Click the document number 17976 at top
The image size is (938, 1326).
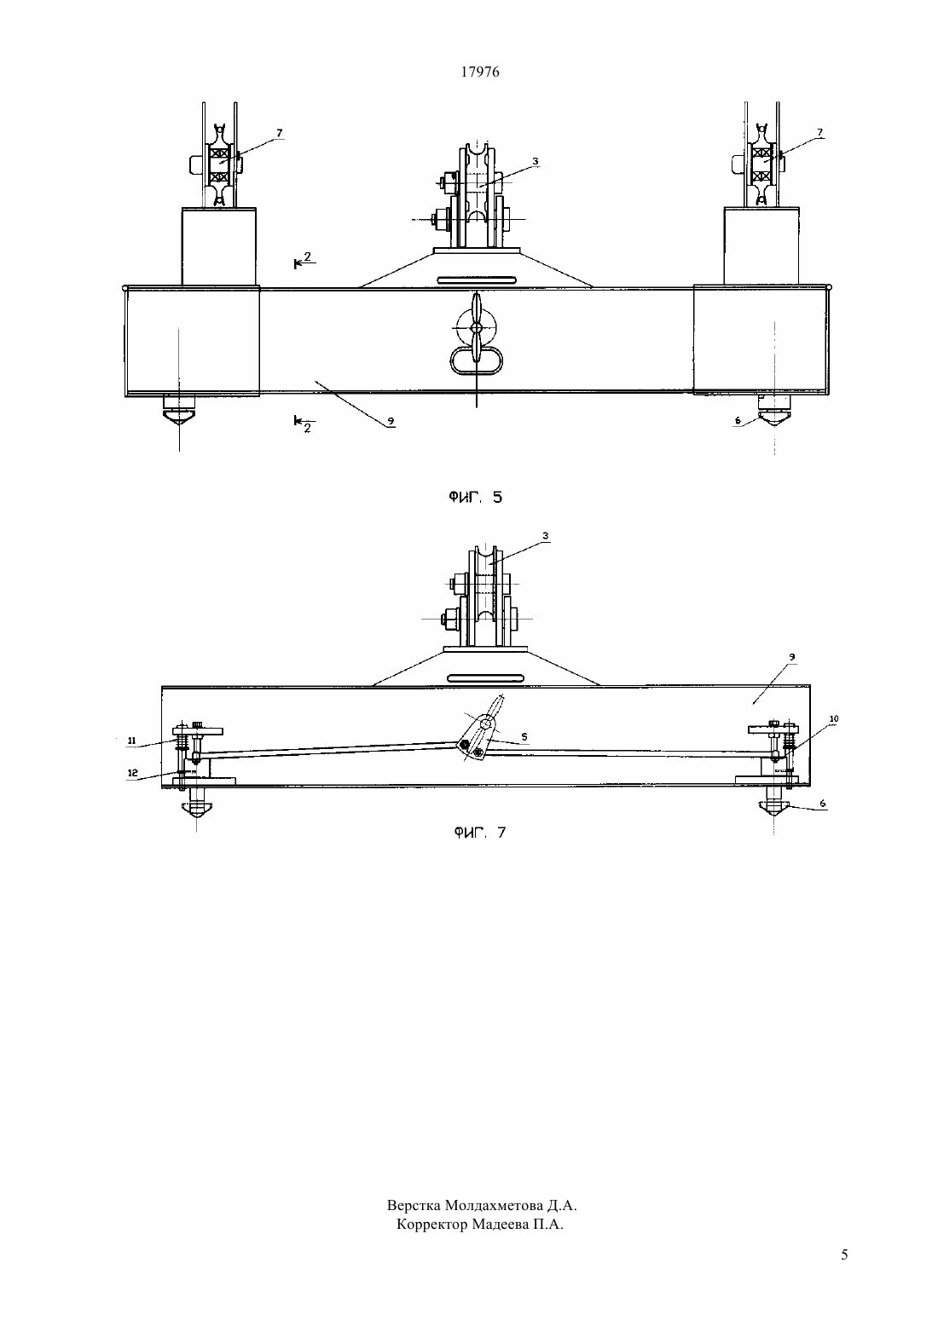click(480, 72)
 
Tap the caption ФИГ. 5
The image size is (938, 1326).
click(475, 498)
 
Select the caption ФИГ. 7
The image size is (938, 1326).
click(480, 833)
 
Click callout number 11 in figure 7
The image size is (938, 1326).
click(131, 741)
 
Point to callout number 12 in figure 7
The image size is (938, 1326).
click(133, 773)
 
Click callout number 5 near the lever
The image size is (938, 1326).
click(524, 737)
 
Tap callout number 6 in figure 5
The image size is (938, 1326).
click(738, 420)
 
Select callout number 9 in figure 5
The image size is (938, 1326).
click(391, 421)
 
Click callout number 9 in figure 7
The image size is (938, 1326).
click(791, 656)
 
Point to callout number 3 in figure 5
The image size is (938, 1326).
click(535, 160)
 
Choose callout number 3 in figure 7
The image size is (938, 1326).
click(546, 536)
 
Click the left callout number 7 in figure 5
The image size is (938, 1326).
click(279, 133)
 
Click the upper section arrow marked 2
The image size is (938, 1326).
click(304, 261)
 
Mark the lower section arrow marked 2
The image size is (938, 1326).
click(304, 424)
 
